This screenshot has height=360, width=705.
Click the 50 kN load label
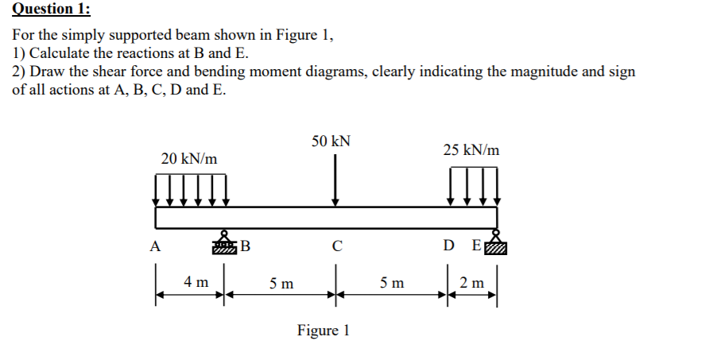[x=331, y=141]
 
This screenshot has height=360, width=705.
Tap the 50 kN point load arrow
[x=336, y=179]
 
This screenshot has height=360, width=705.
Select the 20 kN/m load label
[x=189, y=159]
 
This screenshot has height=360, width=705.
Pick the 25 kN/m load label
[x=472, y=149]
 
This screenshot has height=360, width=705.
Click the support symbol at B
[x=225, y=244]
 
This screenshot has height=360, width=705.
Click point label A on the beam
[x=155, y=246]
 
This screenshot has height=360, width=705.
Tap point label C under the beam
[x=338, y=246]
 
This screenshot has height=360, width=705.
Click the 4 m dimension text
[x=196, y=281]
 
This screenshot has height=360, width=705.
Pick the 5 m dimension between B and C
[x=280, y=282]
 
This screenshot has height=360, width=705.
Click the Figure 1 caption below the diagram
[x=323, y=330]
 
